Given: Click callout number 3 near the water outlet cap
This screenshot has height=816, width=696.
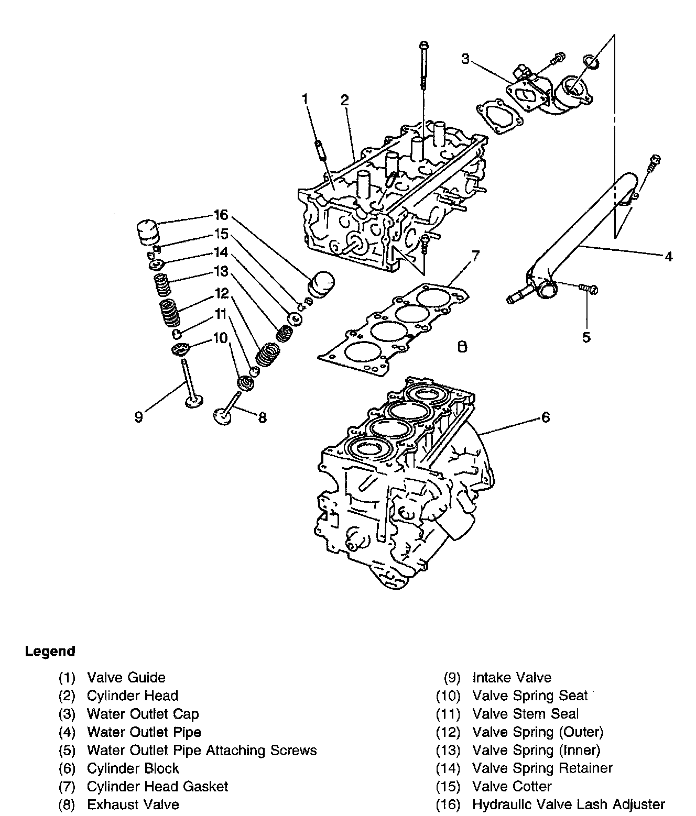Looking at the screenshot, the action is pyautogui.click(x=465, y=59).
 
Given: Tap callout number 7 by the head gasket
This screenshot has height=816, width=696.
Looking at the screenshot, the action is pyautogui.click(x=475, y=256).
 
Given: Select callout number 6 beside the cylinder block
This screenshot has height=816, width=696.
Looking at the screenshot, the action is pyautogui.click(x=546, y=417).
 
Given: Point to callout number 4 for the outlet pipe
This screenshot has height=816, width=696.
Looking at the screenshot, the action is pyautogui.click(x=668, y=257).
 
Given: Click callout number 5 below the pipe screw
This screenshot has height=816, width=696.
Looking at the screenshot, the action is pyautogui.click(x=586, y=337).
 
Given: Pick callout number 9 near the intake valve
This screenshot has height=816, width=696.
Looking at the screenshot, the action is pyautogui.click(x=139, y=417).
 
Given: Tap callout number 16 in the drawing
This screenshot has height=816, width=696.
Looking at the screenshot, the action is pyautogui.click(x=221, y=215).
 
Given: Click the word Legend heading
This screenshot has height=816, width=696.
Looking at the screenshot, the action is pyautogui.click(x=50, y=651).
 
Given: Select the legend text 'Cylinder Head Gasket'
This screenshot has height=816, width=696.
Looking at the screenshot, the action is pyautogui.click(x=158, y=786).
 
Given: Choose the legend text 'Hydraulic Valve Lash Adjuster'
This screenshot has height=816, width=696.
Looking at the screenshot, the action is pyautogui.click(x=569, y=804).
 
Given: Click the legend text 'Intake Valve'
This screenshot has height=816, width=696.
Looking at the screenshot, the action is pyautogui.click(x=512, y=677).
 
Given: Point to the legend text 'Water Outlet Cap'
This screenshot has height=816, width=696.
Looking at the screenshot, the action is pyautogui.click(x=143, y=714).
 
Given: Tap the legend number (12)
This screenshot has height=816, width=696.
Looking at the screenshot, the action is pyautogui.click(x=448, y=732).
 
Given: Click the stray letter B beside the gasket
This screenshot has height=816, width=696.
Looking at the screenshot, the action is pyautogui.click(x=462, y=347).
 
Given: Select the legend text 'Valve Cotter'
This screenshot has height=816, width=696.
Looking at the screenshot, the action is pyautogui.click(x=512, y=786).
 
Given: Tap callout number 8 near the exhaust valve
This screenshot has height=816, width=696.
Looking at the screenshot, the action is pyautogui.click(x=262, y=417).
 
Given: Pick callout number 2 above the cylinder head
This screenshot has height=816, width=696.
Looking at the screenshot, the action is pyautogui.click(x=345, y=100).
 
